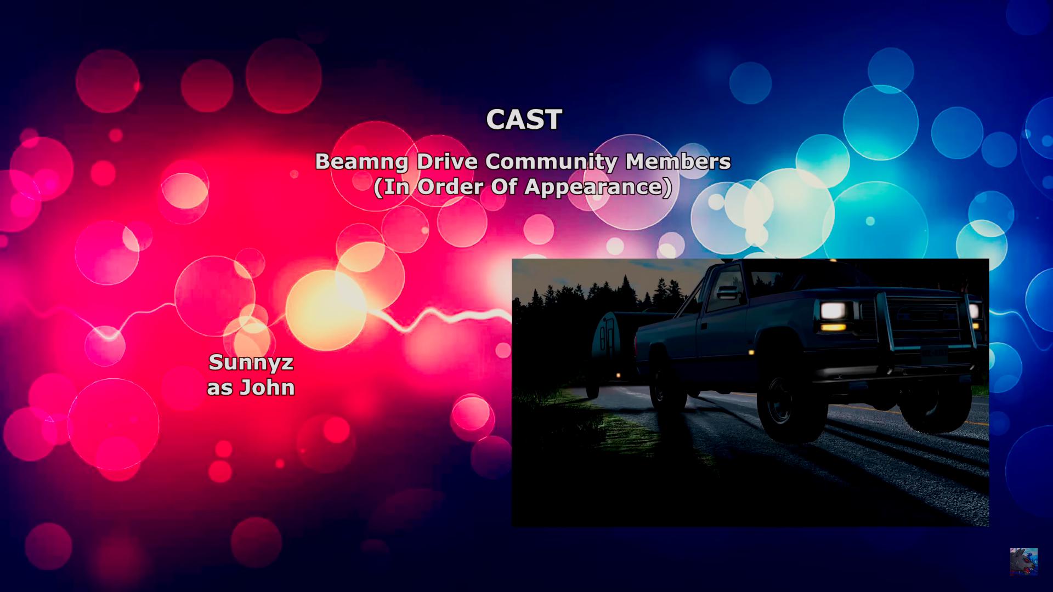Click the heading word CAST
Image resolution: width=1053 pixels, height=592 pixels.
click(x=524, y=119)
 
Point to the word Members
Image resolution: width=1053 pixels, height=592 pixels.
click(x=678, y=161)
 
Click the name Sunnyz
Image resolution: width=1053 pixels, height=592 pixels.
click(x=251, y=363)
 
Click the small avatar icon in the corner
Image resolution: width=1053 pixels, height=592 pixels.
click(x=1024, y=561)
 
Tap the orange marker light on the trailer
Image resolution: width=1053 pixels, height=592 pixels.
click(x=619, y=375)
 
